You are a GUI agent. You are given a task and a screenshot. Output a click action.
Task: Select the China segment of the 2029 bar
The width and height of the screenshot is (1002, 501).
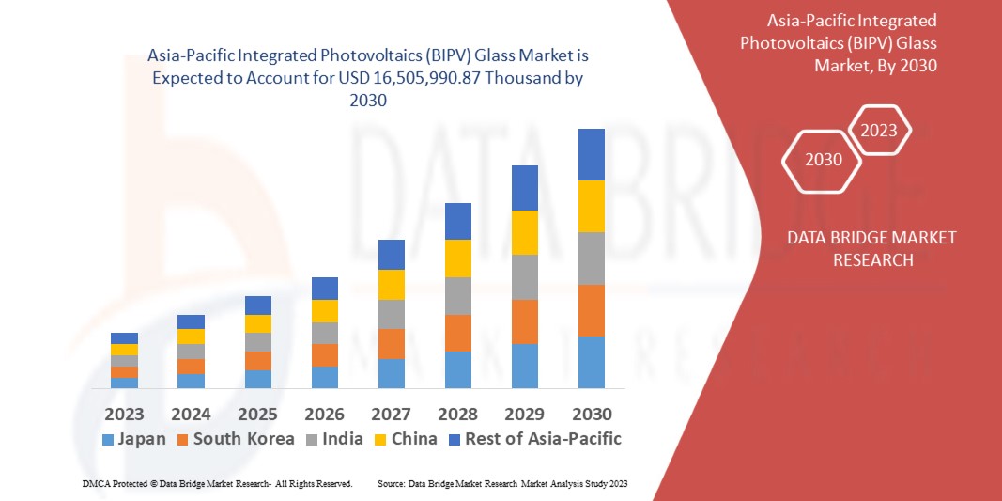pos(524,232)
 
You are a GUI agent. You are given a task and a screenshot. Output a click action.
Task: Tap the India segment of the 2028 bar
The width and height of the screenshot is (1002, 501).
pos(457,295)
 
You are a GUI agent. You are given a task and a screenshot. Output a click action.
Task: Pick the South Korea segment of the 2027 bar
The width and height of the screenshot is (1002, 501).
pos(391,343)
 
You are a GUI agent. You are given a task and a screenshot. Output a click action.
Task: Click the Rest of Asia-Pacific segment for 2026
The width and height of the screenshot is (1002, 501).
pos(324,288)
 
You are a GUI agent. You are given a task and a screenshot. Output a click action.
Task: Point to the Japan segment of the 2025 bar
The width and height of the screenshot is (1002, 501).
pos(257,379)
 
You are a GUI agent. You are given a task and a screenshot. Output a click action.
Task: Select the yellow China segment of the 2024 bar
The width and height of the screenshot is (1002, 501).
pos(191,337)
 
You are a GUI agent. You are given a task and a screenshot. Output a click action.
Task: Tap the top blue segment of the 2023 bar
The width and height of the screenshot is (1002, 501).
pos(124,338)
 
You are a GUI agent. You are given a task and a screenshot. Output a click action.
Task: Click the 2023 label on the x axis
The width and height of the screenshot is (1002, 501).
pos(124,415)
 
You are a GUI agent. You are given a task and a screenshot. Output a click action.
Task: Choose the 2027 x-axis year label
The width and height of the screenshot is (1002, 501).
pos(391,415)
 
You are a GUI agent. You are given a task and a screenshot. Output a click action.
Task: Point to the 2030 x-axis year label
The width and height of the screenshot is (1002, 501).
pos(591,415)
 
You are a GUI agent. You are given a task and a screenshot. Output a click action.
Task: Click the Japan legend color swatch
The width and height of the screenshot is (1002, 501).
pos(108,439)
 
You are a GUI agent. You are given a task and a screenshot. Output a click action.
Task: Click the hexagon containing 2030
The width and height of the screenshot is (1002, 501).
pos(824,160)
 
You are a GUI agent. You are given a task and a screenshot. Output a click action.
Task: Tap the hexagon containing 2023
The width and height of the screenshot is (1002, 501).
pos(879,131)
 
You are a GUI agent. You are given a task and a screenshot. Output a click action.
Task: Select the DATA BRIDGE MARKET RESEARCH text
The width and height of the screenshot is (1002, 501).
pos(872,248)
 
